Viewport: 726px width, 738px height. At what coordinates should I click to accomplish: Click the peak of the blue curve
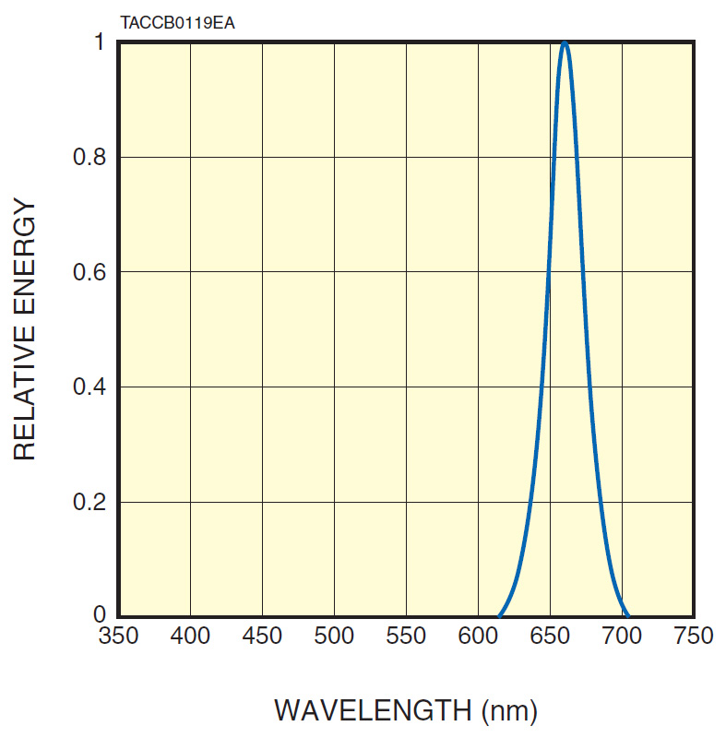565,43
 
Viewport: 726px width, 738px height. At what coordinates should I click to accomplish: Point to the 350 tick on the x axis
118,636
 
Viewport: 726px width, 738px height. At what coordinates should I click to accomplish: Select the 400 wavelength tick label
190,636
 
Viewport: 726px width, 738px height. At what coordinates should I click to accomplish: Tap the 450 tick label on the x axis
262,636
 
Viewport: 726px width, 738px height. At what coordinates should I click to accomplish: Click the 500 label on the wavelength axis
334,636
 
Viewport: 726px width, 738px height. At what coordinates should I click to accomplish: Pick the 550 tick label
406,636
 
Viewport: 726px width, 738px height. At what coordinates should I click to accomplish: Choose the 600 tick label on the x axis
478,636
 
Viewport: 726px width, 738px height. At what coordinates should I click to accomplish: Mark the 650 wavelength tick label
550,636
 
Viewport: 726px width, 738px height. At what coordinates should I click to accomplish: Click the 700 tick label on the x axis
622,636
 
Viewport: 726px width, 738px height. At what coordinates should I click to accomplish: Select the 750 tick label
694,636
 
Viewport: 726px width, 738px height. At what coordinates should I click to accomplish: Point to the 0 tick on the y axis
100,614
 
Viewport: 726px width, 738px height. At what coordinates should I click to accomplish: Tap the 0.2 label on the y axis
90,502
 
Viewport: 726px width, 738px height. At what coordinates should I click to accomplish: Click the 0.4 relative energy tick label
90,387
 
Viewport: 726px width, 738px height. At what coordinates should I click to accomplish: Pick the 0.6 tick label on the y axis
90,272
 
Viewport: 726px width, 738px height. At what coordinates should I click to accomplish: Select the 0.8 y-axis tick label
90,157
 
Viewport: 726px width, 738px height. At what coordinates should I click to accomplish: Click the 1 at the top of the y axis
100,43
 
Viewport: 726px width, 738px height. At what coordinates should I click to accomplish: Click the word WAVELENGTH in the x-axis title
372,710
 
